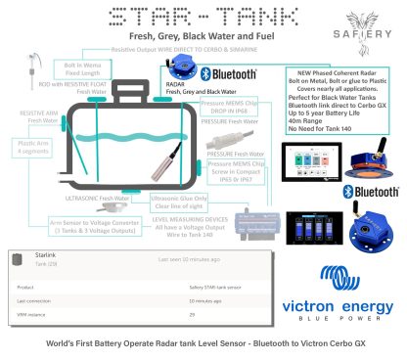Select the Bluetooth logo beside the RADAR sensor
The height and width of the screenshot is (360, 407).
pyautogui.click(x=228, y=74)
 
